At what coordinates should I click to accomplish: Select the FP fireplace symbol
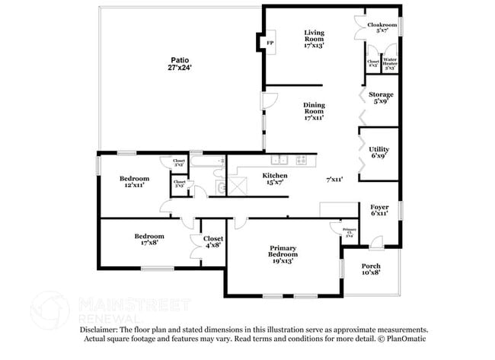coord(270,43)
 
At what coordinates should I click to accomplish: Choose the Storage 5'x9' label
coord(382,98)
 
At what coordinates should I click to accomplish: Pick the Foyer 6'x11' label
coord(379,210)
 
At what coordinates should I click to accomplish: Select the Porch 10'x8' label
coord(371,269)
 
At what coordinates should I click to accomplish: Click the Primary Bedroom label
coord(281,254)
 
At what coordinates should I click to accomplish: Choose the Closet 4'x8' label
coord(212,241)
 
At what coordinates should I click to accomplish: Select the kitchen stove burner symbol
coord(301,160)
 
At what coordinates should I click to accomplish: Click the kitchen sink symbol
coord(279,160)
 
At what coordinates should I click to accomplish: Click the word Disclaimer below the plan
coord(101,330)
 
